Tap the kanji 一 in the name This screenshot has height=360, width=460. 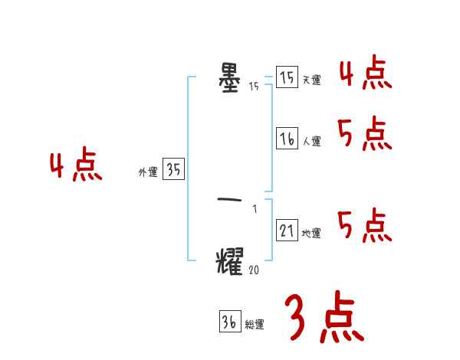coord(230,201)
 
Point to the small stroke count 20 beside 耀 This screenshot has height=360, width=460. coord(255,269)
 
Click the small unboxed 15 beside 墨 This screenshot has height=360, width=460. coord(254,87)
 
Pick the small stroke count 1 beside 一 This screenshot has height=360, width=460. coord(255,209)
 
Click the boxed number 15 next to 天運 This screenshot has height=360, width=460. coord(287,77)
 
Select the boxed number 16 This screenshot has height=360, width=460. coord(287,139)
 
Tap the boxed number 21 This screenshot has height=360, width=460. coord(287,231)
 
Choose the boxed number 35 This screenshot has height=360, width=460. coord(173,170)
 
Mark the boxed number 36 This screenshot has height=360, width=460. coord(229,322)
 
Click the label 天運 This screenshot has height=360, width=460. coord(311,80)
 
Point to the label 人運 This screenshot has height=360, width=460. coord(311,142)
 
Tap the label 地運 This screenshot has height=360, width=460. coord(311,234)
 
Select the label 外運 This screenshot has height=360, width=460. coord(147,173)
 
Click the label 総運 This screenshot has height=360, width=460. coord(255,326)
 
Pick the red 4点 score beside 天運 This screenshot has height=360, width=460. coord(365,74)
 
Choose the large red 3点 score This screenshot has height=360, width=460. coord(324,317)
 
